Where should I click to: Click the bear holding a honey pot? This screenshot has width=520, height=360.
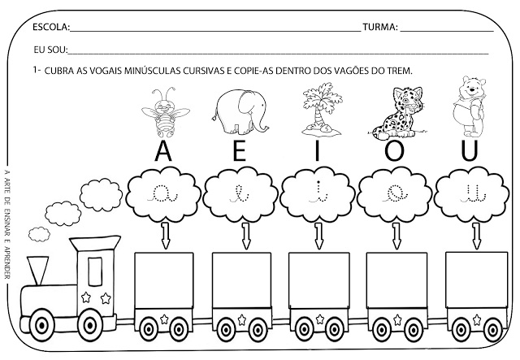click(472, 108)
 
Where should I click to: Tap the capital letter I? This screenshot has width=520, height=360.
click(319, 152)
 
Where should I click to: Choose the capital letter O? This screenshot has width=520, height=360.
click(396, 152)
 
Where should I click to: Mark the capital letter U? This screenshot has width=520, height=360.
click(471, 152)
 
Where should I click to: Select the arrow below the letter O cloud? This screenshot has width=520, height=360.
click(396, 236)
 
